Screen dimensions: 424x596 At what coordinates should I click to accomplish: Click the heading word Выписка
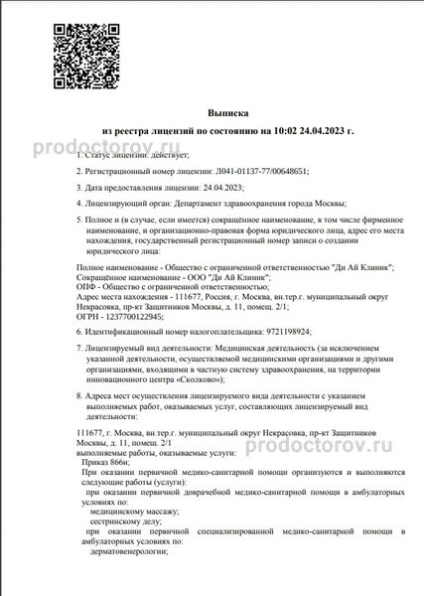228,114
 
